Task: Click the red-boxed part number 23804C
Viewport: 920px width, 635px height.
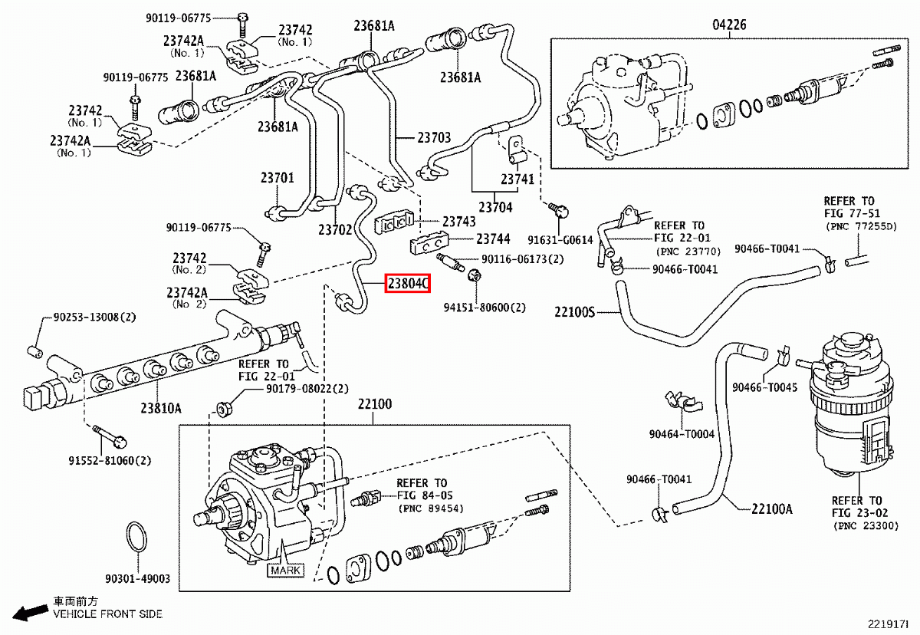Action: point(407,285)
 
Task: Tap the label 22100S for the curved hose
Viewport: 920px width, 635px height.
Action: point(575,312)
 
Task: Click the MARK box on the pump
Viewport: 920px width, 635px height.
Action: point(284,571)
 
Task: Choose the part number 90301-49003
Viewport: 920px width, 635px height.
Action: point(138,579)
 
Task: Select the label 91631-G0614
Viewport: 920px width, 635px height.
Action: point(560,239)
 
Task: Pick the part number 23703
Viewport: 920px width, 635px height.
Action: point(434,138)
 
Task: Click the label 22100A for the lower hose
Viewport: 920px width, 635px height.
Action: point(771,508)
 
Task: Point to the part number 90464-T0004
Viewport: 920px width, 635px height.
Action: point(682,434)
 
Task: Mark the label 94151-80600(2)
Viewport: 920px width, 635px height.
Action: point(485,308)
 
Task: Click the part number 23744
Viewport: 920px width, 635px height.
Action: point(492,239)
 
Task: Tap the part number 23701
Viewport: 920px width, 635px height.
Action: point(277,178)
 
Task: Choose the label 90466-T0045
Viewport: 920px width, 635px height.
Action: point(764,387)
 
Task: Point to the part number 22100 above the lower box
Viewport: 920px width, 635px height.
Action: point(373,404)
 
